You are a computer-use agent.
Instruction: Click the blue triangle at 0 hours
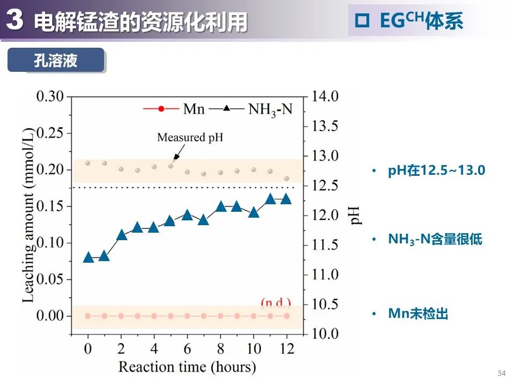[89, 257]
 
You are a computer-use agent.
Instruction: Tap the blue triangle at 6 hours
[187, 215]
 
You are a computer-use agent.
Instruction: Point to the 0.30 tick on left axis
[50, 96]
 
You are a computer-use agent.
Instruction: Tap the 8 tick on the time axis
[220, 348]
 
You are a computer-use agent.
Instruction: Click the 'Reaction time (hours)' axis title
[187, 367]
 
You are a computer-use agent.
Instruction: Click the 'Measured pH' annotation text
[190, 137]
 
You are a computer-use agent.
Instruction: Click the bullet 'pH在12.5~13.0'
[436, 171]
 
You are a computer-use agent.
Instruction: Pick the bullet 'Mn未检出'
[418, 314]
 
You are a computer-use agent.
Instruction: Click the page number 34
[502, 373]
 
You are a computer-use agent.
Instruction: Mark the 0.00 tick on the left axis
[50, 316]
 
